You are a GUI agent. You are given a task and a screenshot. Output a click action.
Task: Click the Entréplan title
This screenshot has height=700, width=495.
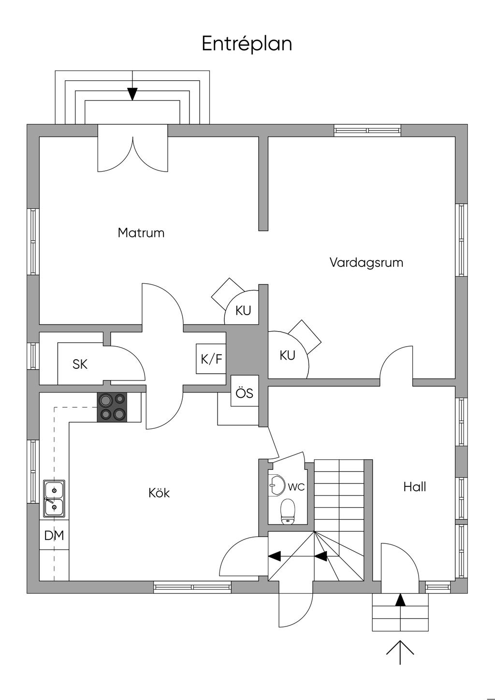tap(247, 44)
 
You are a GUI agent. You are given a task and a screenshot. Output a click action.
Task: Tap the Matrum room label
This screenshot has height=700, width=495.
tap(141, 233)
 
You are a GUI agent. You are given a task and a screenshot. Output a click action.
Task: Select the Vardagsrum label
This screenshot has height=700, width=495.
tap(366, 262)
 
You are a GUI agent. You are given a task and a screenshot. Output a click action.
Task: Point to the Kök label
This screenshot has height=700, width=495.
tap(159, 493)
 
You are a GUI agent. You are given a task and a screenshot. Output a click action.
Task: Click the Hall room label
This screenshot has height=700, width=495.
tap(415, 487)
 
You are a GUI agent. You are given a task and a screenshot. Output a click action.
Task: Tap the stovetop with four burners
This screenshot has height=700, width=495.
tap(112, 407)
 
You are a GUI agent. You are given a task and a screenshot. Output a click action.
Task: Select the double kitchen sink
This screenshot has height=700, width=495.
tap(54, 498)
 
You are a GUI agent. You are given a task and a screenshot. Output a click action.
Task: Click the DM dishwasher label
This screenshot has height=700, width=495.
tap(54, 535)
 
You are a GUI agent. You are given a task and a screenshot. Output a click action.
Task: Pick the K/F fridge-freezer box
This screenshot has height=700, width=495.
tap(211, 359)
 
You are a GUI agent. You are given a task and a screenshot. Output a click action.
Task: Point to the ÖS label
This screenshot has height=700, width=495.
tap(245, 393)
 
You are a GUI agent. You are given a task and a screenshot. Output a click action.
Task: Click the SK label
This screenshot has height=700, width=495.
tap(80, 364)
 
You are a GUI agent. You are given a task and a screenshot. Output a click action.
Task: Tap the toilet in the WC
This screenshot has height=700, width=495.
tap(288, 511)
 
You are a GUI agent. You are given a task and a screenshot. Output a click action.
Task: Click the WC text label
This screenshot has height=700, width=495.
tap(296, 487)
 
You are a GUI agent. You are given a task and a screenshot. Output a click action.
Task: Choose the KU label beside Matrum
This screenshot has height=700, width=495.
tap(243, 310)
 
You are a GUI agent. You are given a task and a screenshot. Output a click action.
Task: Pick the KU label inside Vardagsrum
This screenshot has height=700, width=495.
tap(287, 355)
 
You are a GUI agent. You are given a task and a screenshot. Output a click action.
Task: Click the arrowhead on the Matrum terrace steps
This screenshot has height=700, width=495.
tap(132, 94)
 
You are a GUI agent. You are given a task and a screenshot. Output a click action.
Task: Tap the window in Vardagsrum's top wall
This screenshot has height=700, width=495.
tap(367, 131)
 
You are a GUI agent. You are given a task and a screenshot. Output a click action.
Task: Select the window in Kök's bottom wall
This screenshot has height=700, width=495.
tap(192, 587)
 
